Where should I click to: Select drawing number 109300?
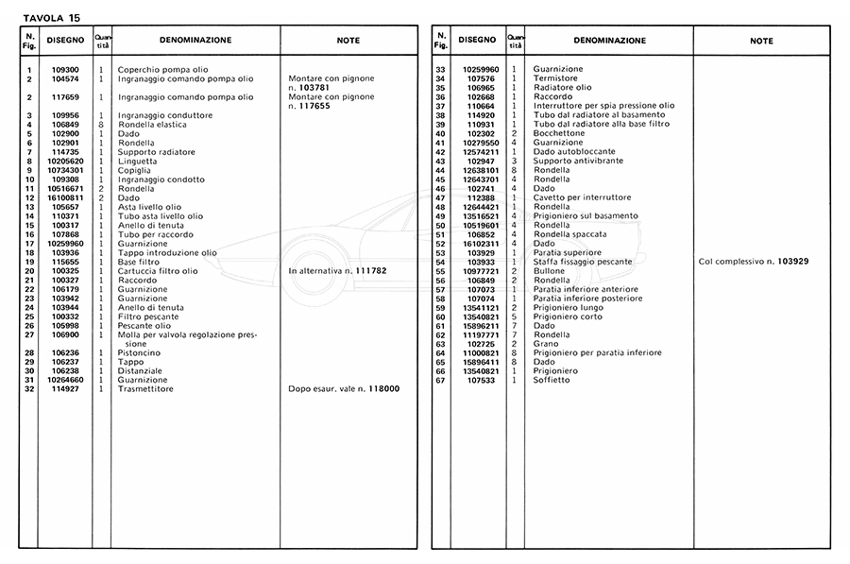65,70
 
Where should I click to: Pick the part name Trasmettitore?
143,388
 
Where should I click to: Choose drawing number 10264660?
65,380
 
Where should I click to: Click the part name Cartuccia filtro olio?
158,270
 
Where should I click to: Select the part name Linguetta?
137,161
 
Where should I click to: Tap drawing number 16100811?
65,197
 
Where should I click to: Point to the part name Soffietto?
552,381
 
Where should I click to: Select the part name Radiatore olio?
562,88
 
